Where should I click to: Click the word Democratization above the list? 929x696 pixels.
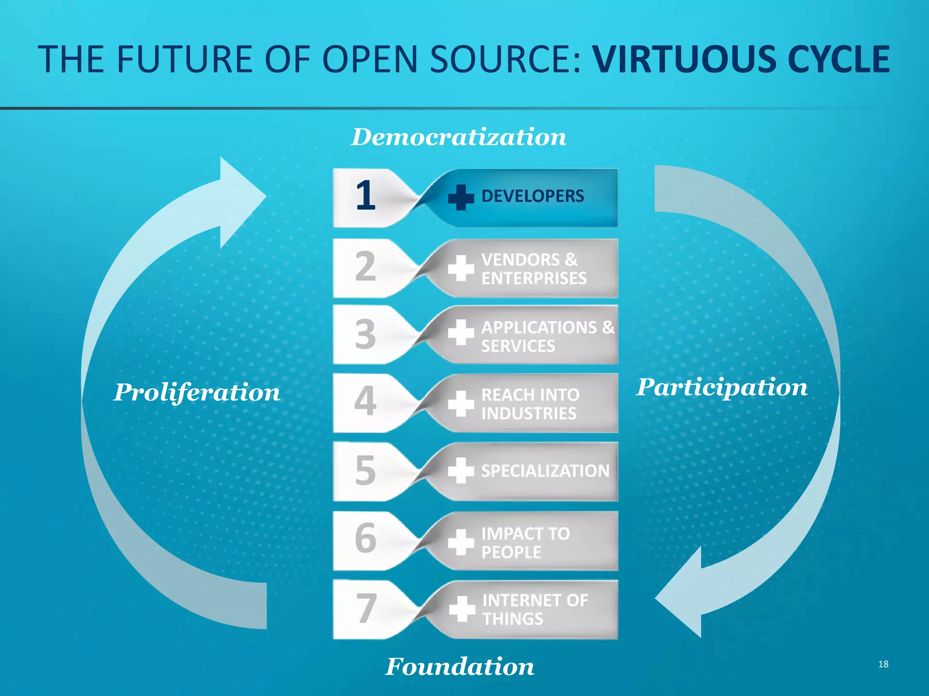(x=459, y=137)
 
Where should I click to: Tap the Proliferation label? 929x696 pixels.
(x=197, y=392)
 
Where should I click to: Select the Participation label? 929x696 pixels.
(x=722, y=387)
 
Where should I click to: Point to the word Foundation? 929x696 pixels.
(x=460, y=667)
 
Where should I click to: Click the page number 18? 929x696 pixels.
(x=883, y=664)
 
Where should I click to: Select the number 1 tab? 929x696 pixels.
(x=366, y=196)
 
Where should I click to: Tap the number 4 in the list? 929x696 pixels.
(x=365, y=401)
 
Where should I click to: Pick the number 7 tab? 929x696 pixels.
(x=366, y=609)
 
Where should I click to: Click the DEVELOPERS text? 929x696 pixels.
(x=533, y=196)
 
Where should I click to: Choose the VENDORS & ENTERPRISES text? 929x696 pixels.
(x=533, y=269)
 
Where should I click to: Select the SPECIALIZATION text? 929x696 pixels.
(x=545, y=471)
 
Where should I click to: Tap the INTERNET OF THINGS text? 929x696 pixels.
(x=535, y=609)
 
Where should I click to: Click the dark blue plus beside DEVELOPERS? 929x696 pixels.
(x=461, y=198)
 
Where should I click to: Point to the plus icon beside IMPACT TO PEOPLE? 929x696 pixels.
(x=461, y=542)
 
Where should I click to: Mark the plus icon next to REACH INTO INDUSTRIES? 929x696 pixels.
(x=461, y=403)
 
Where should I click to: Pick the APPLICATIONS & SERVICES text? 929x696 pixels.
(x=548, y=336)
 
